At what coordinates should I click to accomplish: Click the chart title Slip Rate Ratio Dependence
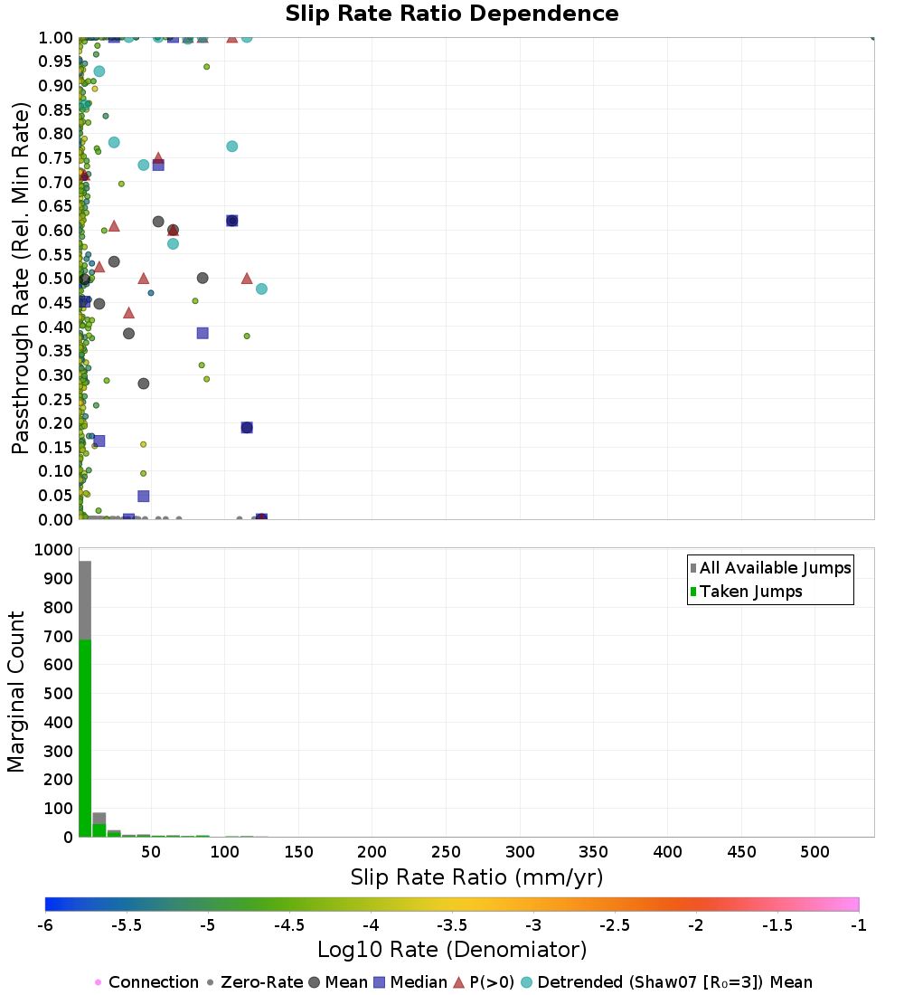452,14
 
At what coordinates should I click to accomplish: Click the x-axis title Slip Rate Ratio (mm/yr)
476,877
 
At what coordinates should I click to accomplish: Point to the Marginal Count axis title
16,692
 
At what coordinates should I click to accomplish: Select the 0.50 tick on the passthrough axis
56,279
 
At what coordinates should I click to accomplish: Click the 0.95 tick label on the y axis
56,62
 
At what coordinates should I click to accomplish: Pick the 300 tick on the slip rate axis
520,852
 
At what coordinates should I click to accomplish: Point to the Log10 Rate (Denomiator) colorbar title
452,950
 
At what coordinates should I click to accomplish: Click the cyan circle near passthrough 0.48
261,289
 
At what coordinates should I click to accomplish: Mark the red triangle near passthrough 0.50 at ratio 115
247,278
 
